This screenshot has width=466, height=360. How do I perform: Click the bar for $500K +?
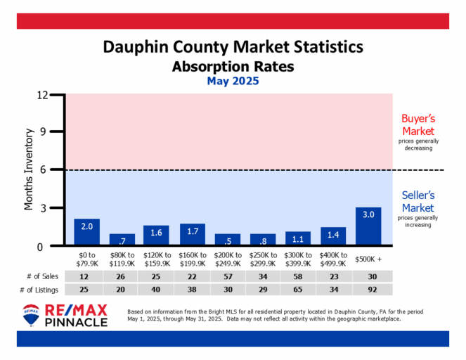pos(368,226)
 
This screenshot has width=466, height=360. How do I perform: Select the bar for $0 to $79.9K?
pos(86,232)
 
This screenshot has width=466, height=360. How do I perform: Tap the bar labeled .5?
pos(227,240)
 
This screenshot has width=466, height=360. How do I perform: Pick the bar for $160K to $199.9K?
pos(192,234)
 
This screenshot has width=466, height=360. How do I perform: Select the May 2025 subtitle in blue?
pos(233,81)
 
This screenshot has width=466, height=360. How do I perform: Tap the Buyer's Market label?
pos(418,124)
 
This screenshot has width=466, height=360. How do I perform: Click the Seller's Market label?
pos(418,201)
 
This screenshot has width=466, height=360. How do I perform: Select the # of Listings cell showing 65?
pos(298,289)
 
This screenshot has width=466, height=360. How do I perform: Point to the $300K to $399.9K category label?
pos(298,258)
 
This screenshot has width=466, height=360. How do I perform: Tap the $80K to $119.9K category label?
pos(122,258)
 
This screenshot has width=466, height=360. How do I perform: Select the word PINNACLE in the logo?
pos(77,322)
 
